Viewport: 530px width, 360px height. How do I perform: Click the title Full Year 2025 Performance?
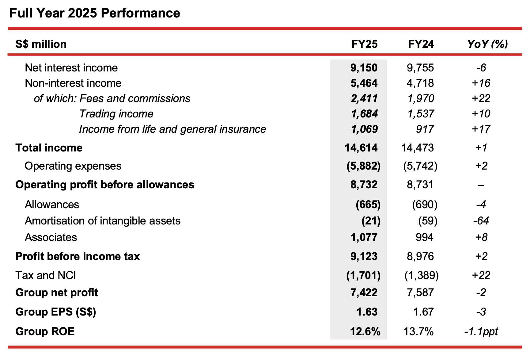pos(95,13)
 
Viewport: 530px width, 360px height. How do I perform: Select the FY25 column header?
pos(364,44)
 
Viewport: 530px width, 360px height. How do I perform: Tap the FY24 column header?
pos(421,44)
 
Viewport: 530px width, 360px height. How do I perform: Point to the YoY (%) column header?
pos(487,44)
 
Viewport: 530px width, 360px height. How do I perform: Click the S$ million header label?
pos(41,44)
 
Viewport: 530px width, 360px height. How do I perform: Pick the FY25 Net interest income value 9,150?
pos(364,68)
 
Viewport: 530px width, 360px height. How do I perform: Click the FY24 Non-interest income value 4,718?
pos(420,83)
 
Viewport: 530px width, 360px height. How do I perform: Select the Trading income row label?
pos(116,114)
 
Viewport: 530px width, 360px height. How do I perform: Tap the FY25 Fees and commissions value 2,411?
pos(364,98)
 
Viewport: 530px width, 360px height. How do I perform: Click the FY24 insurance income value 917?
pos(425,129)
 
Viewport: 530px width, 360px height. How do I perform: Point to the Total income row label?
pos(49,148)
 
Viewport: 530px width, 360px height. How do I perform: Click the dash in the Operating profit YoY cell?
pos(481,185)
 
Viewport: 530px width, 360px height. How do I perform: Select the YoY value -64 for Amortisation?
pos(481,221)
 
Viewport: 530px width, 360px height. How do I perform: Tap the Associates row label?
pos(51,237)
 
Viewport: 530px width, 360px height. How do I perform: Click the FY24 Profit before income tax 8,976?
pos(420,256)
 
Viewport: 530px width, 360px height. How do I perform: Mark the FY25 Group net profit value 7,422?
pos(364,293)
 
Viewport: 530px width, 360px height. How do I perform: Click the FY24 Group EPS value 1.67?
pos(423,312)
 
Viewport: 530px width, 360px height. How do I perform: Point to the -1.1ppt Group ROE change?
pos(481,331)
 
